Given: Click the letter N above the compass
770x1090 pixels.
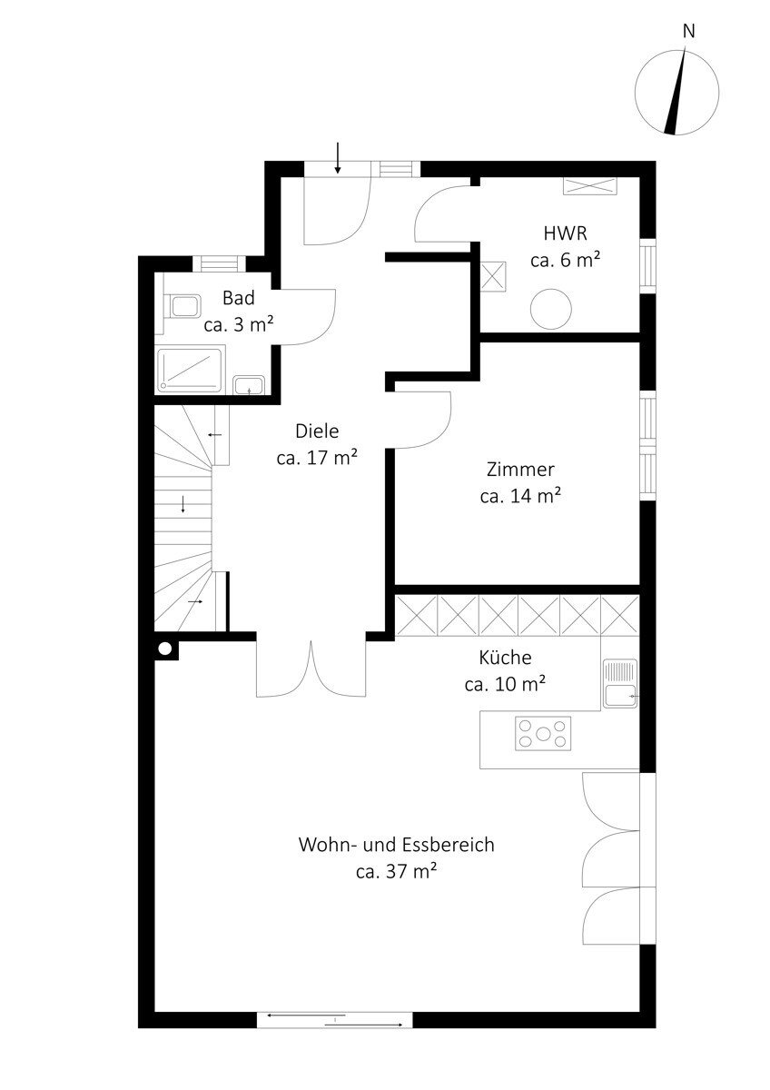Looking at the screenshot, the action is click(x=688, y=31).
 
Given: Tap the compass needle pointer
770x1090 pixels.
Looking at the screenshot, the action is click(x=676, y=91).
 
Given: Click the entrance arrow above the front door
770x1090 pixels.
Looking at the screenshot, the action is click(x=337, y=158).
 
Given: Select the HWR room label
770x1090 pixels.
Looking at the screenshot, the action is click(x=565, y=233).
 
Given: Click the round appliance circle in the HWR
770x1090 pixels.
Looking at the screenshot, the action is click(x=550, y=309).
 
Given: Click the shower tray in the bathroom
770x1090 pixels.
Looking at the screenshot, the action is click(x=190, y=370).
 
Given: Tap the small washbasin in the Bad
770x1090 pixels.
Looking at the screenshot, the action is click(x=249, y=385).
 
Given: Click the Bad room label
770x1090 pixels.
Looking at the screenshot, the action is click(x=238, y=298).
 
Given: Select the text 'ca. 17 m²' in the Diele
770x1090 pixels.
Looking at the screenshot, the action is click(x=317, y=458).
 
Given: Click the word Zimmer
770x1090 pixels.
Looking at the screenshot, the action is click(x=520, y=470).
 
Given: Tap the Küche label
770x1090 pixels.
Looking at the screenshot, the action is click(x=505, y=658).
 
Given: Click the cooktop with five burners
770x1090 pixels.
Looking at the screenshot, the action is click(x=542, y=733).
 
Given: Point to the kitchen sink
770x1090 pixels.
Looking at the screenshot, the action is click(x=620, y=683).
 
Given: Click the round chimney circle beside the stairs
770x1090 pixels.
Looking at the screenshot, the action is click(x=165, y=649).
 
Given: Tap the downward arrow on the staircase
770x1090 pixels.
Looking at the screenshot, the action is click(x=183, y=504).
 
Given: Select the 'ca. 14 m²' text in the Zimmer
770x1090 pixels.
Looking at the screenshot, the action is click(x=520, y=496).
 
